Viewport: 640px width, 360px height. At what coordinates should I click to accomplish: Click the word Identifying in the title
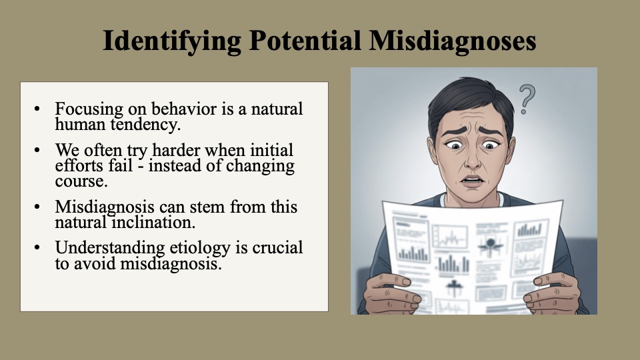[172, 41]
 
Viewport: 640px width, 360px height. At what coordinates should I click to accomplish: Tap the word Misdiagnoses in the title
[453, 41]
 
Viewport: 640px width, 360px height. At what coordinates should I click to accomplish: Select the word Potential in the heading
[305, 40]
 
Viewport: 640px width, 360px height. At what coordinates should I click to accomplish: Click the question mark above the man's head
[527, 99]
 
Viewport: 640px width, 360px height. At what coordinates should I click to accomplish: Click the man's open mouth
[472, 181]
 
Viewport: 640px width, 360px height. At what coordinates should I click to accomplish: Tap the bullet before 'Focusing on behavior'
[37, 109]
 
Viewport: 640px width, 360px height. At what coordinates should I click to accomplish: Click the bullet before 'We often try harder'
[37, 150]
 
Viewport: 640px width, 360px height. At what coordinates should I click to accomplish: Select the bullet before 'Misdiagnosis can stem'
[37, 207]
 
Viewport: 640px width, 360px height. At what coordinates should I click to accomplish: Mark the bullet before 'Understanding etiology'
[37, 248]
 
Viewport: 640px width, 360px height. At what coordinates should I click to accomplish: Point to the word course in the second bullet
[81, 181]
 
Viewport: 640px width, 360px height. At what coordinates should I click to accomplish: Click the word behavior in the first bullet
[184, 109]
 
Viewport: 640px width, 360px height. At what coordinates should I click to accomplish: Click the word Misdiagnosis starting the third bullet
[105, 207]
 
